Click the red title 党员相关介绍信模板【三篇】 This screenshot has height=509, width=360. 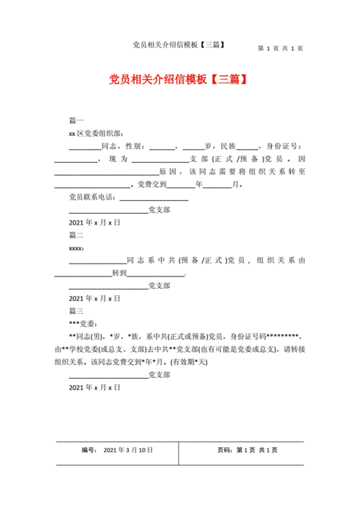[180, 78]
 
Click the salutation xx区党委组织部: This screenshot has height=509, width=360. [96, 132]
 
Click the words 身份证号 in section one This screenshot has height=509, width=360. [279, 145]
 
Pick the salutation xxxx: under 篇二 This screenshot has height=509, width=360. [76, 248]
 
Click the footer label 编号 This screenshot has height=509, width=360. [89, 450]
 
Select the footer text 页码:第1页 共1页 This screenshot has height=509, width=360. [247, 450]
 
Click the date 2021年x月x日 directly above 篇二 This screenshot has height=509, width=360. [94, 222]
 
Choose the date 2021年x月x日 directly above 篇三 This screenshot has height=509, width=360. [94, 298]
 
